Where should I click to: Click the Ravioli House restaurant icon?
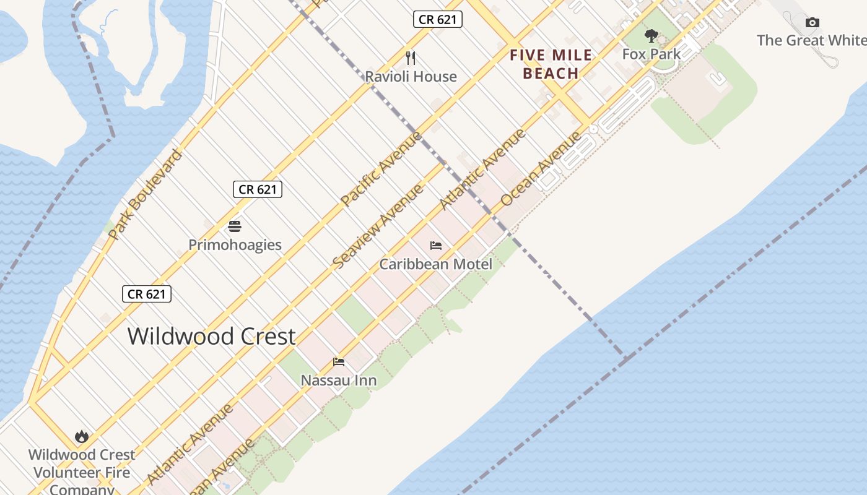(x=411, y=58)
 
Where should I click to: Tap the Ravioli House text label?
(x=411, y=77)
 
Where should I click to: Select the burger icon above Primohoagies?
(x=235, y=226)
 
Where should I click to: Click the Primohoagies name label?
(x=235, y=245)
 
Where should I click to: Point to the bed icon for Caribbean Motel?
(x=436, y=246)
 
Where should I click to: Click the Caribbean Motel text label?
(x=436, y=264)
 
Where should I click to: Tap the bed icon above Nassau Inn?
(x=339, y=362)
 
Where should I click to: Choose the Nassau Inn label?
(x=339, y=381)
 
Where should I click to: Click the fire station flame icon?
(x=82, y=437)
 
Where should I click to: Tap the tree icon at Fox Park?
(x=651, y=35)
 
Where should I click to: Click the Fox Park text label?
(x=651, y=54)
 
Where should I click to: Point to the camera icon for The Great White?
(x=812, y=23)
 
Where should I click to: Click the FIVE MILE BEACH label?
(x=551, y=64)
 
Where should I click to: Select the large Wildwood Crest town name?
(x=211, y=337)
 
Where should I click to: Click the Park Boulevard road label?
(x=145, y=194)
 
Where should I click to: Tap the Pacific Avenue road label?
(x=381, y=168)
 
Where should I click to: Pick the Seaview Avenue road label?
(x=378, y=226)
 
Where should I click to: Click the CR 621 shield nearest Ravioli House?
(x=438, y=19)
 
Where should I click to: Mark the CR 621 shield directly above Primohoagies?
(x=258, y=189)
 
